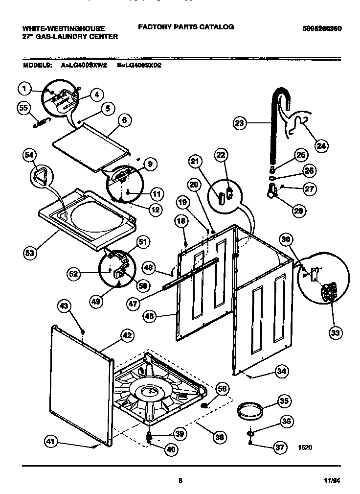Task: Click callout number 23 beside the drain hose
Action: tap(240, 123)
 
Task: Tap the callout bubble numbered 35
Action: tap(284, 401)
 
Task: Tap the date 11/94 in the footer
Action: tap(332, 481)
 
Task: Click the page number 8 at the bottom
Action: tap(180, 481)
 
